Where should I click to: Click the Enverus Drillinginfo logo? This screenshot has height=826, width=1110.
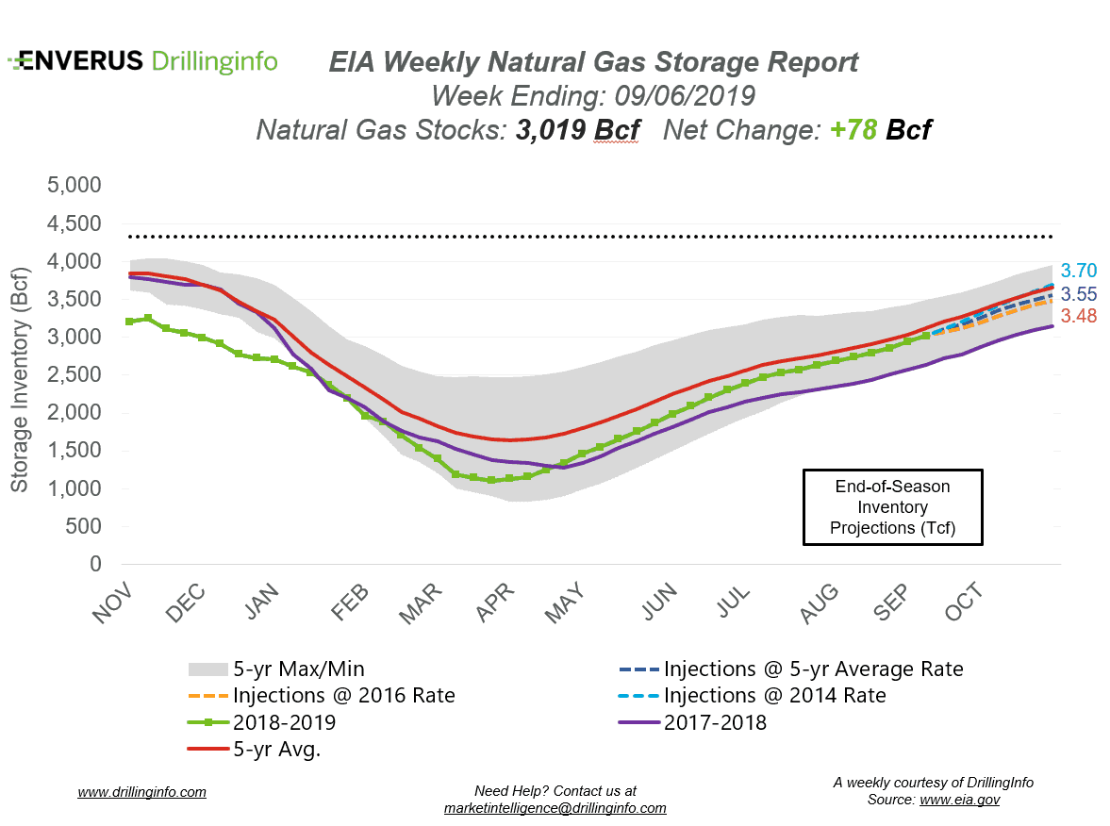coord(142,61)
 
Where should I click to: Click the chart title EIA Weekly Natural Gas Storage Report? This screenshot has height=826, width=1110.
coord(593,63)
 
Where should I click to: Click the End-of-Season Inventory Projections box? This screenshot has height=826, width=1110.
coord(892,507)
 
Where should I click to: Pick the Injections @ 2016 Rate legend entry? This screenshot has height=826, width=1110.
coord(343,696)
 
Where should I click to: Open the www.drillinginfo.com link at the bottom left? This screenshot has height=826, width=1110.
coord(141,792)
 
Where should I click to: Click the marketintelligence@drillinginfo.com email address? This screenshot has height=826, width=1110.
coord(555,808)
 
